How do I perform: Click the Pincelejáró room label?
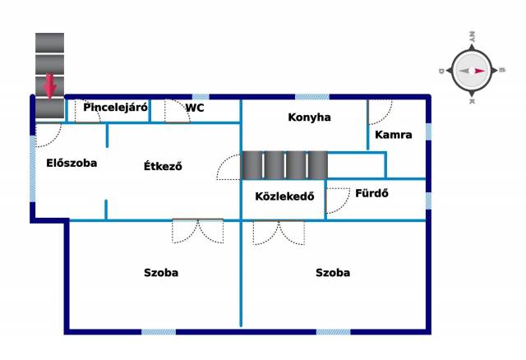click(115, 107)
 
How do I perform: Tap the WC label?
click(195, 107)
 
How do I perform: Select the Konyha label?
click(309, 118)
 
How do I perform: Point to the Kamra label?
click(393, 134)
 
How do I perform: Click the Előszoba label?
click(72, 163)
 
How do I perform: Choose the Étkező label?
click(163, 166)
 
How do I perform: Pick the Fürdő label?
click(371, 195)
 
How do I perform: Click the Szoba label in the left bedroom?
click(161, 273)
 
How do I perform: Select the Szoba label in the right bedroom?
click(333, 273)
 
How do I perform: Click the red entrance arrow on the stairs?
click(50, 84)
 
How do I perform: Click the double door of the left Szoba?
click(197, 231)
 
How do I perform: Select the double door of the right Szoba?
click(279, 233)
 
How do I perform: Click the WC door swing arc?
click(177, 113)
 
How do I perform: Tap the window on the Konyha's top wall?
click(312, 97)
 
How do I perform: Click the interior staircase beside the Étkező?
click(284, 165)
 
